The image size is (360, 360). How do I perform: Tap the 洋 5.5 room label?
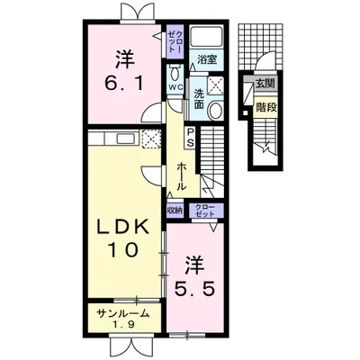(195, 276)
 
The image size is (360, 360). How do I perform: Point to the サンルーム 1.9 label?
(122, 319)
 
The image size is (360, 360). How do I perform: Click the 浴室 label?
(207, 59)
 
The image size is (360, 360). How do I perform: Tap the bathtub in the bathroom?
(206, 37)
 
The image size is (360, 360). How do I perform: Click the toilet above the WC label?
(175, 73)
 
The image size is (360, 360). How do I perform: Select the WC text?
(175, 87)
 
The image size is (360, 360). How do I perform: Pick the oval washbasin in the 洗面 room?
(215, 110)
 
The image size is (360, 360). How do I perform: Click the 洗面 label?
(199, 99)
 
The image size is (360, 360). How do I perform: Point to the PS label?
(191, 138)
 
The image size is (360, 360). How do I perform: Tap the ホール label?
(181, 176)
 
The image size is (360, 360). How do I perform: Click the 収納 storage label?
(175, 211)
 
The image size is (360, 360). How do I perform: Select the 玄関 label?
(265, 84)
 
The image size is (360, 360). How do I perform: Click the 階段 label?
(265, 107)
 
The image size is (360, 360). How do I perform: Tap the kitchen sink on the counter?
(125, 139)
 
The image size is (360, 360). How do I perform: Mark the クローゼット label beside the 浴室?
(175, 41)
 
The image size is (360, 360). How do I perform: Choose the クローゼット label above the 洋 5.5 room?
(205, 211)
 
